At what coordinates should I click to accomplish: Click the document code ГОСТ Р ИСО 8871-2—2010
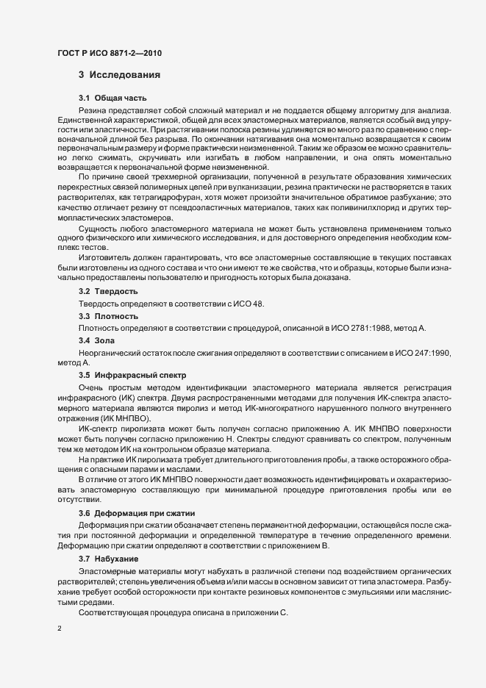[x=110, y=53]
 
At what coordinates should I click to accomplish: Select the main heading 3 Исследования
[x=116, y=75]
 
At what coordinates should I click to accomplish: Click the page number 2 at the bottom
[x=60, y=631]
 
